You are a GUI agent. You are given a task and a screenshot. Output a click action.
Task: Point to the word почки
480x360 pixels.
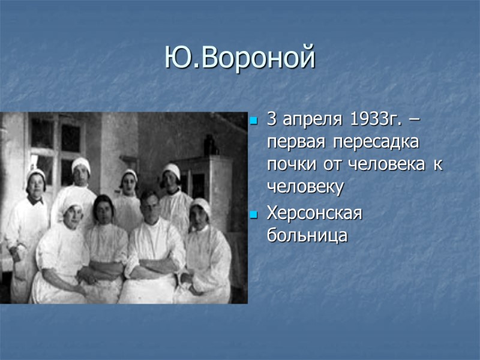point(288,165)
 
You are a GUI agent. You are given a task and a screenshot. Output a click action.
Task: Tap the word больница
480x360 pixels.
point(307,235)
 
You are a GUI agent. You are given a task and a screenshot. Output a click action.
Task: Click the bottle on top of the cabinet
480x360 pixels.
point(208,145)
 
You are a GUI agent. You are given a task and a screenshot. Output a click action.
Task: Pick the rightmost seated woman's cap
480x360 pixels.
point(200,205)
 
